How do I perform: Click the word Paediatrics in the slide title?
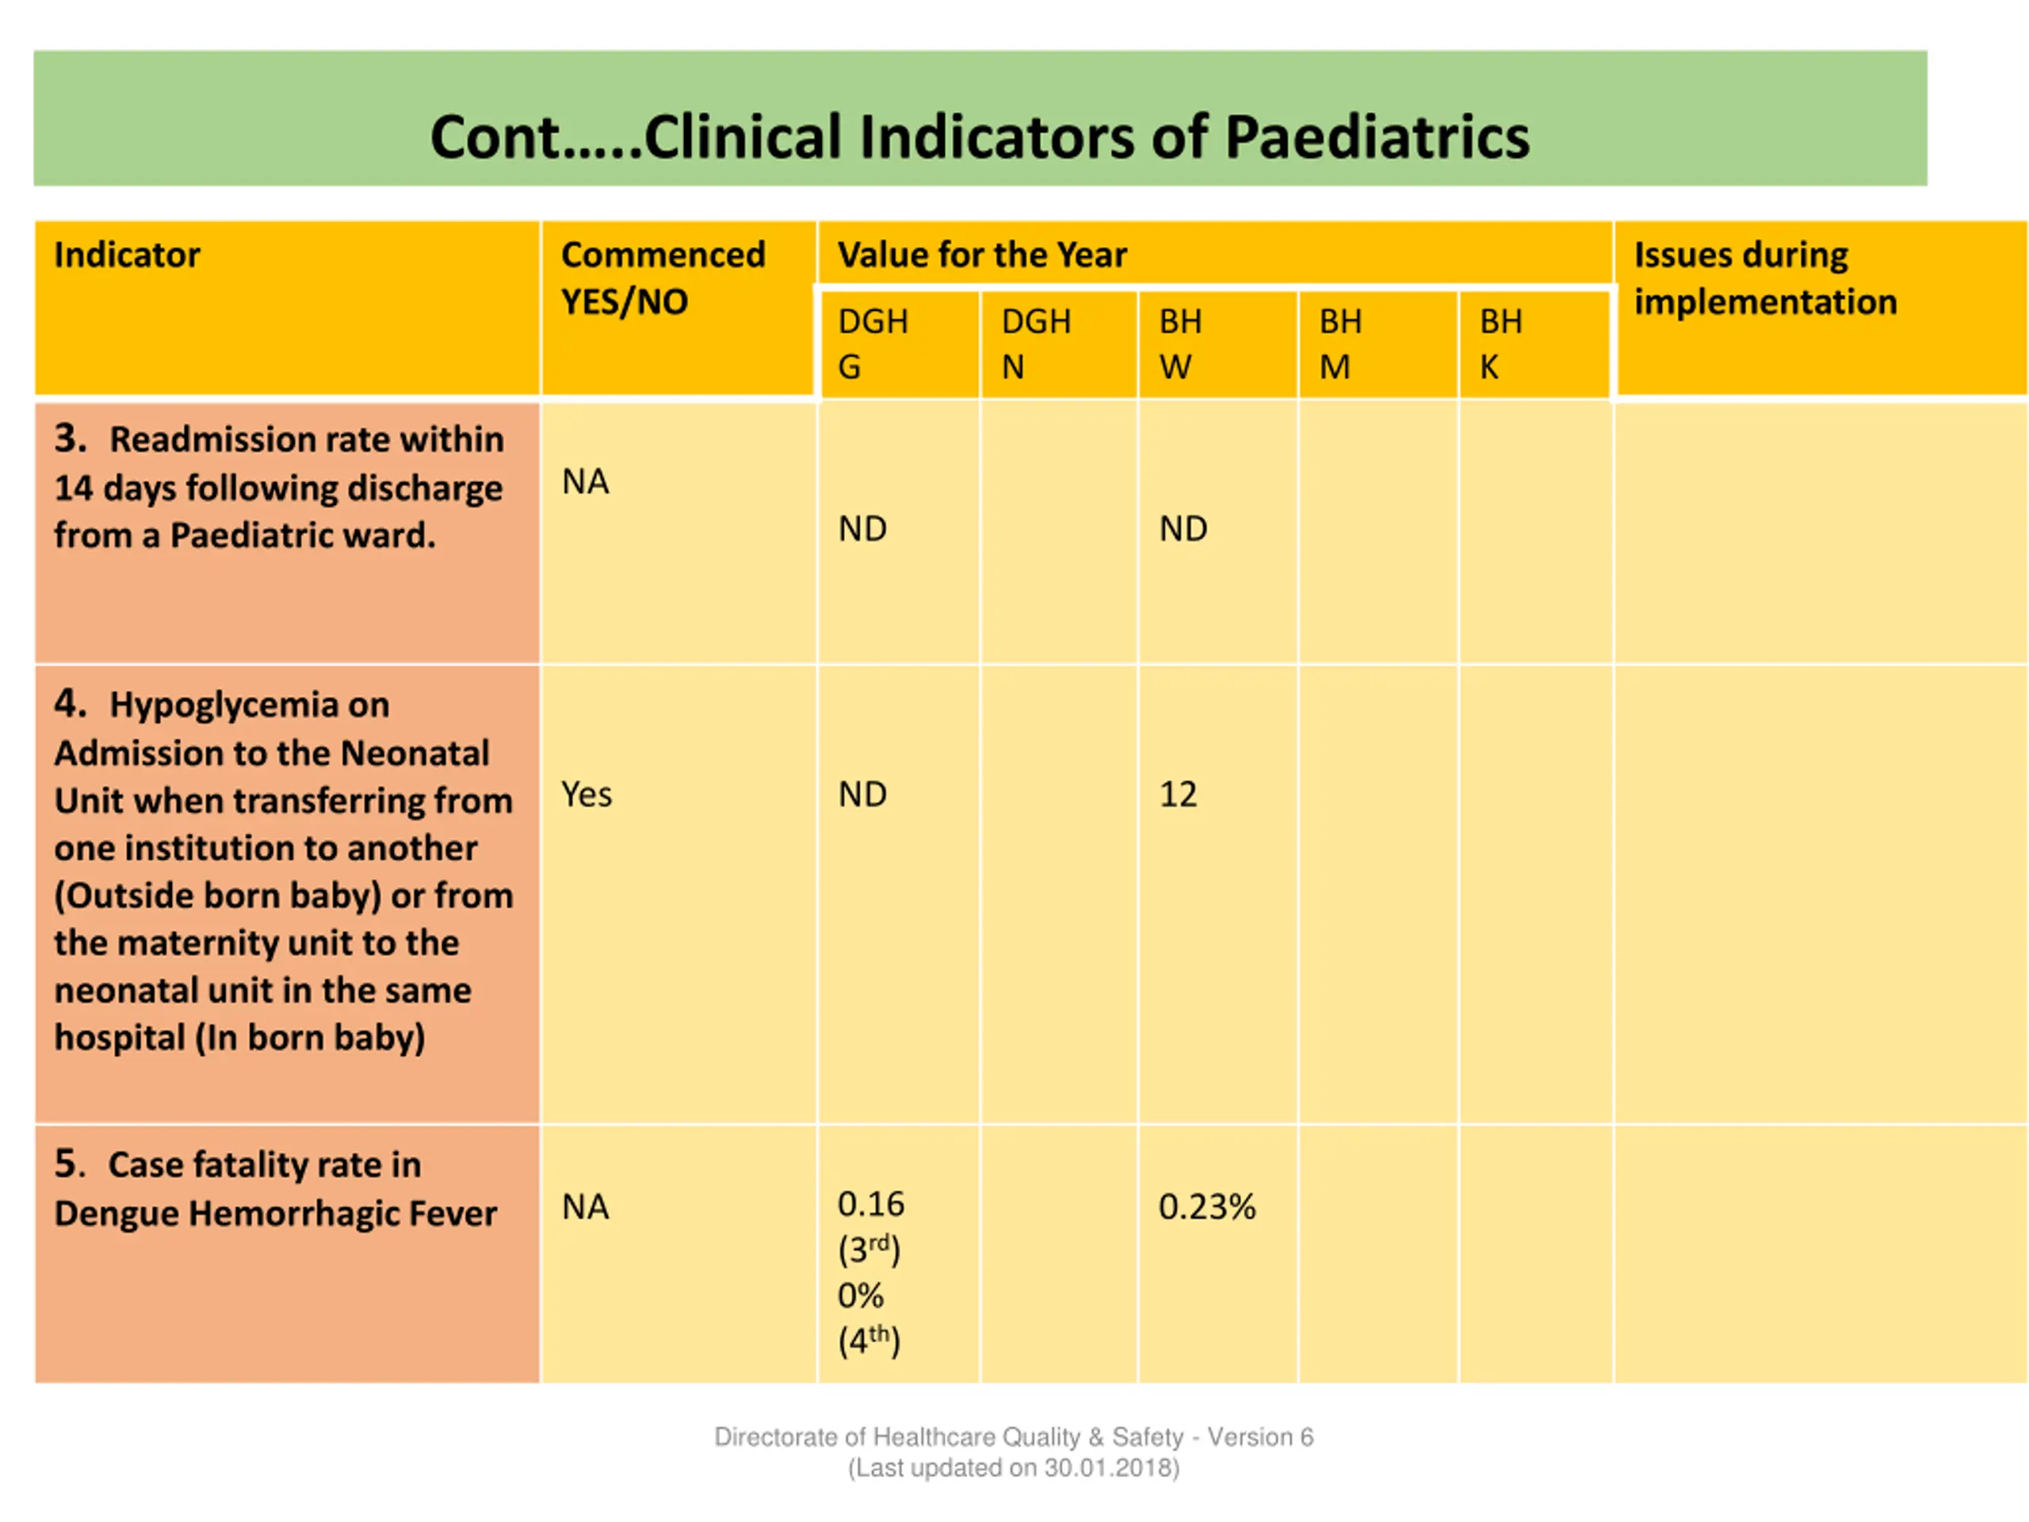[1377, 139]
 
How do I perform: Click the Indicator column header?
[127, 255]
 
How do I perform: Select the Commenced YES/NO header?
[663, 278]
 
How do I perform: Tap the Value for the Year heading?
[981, 255]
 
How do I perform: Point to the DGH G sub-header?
[873, 344]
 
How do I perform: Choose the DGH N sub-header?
[1036, 344]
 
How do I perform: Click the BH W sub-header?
[1180, 344]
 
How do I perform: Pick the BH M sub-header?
[1340, 344]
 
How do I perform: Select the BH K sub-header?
[1500, 344]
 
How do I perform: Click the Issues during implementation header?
[1765, 278]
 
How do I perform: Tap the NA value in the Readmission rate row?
[585, 482]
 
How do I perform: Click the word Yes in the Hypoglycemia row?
[587, 794]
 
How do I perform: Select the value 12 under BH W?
[1178, 794]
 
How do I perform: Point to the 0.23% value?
[1206, 1207]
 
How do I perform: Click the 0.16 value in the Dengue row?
[870, 1203]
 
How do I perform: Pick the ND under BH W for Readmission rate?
[1183, 529]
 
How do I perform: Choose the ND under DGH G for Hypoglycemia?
[862, 794]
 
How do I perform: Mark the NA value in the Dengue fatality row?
[585, 1207]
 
